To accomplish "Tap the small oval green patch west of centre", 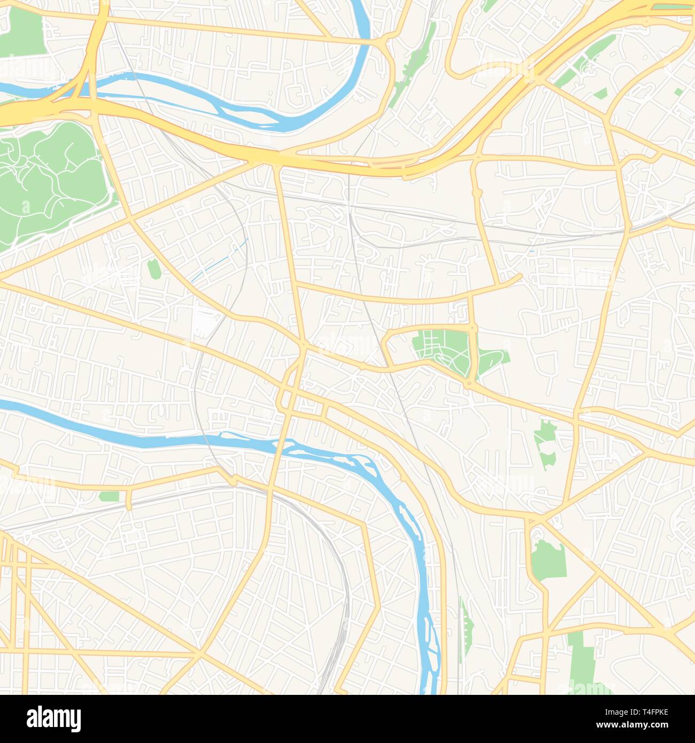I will pyautogui.click(x=153, y=268).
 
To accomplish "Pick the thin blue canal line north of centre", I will pyautogui.click(x=219, y=262).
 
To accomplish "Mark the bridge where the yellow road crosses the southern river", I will pyautogui.click(x=279, y=443).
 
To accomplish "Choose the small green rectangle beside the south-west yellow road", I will pyautogui.click(x=109, y=496).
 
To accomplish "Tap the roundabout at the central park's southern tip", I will pyautogui.click(x=469, y=383).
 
